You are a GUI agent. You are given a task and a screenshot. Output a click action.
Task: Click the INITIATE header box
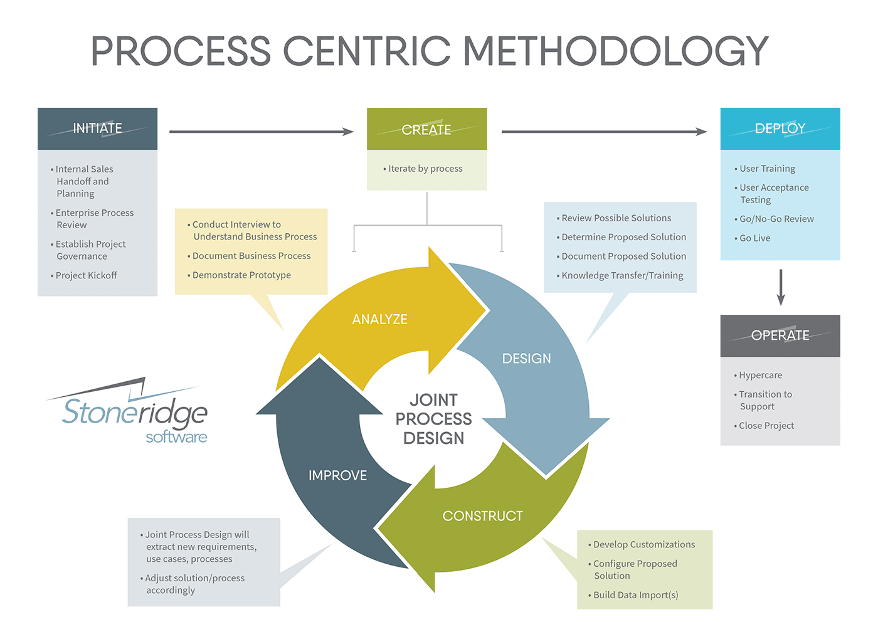click(97, 129)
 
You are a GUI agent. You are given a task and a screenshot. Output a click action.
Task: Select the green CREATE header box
click(426, 129)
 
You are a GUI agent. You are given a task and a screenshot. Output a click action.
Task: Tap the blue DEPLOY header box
click(780, 129)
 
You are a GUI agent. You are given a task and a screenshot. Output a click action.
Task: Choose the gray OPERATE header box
click(780, 335)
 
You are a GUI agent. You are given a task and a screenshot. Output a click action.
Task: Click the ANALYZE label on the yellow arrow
click(379, 319)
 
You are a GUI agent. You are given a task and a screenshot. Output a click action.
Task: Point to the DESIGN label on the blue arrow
click(526, 359)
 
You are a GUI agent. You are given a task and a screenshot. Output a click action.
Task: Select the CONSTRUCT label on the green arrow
click(482, 516)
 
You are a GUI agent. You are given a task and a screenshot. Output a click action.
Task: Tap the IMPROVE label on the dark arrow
click(337, 476)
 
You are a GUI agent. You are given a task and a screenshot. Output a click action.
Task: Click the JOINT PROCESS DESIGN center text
click(433, 419)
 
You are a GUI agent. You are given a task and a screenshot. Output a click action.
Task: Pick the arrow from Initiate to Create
click(261, 132)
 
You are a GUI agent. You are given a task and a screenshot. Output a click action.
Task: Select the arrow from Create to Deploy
click(604, 132)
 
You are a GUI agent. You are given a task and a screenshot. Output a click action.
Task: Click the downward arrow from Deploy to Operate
click(781, 287)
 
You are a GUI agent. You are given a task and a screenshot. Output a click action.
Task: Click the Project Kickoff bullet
click(86, 275)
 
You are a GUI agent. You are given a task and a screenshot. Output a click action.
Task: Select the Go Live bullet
click(754, 238)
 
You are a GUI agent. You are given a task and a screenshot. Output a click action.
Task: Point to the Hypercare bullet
click(760, 375)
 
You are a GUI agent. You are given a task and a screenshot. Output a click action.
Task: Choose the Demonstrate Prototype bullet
click(241, 275)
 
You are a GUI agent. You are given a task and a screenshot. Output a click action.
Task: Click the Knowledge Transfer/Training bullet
click(622, 275)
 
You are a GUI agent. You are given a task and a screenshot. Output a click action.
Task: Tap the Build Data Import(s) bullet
click(635, 595)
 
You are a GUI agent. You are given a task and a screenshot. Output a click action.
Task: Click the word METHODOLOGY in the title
click(616, 51)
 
